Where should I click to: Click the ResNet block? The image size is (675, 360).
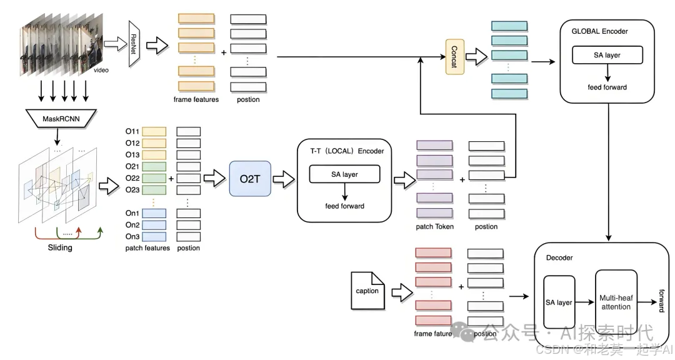coord(132,43)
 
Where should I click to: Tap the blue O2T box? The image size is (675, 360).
coord(250,179)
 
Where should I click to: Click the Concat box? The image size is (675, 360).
coord(455,57)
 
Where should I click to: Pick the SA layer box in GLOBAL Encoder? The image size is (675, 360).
coord(607,55)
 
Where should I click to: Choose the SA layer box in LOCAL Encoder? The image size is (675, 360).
coord(344,174)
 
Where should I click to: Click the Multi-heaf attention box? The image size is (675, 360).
coord(616,302)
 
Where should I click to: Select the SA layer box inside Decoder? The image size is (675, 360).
coord(559,302)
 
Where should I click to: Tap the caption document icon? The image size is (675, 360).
coord(367,290)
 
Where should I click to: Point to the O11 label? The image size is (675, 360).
coord(131,132)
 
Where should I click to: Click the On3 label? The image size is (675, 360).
coord(131,237)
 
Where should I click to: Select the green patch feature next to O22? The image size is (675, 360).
coord(154,179)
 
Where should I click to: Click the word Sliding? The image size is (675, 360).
coord(60,247)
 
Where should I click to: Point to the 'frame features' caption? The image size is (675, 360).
coord(196,99)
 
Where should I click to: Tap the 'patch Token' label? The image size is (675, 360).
coord(434,226)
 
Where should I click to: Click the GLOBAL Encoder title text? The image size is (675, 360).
coord(600,31)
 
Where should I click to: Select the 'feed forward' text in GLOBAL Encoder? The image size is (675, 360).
coord(607,87)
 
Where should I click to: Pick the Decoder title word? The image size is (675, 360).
coord(559,257)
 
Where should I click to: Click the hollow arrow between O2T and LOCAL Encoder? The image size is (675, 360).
coord(281,179)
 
